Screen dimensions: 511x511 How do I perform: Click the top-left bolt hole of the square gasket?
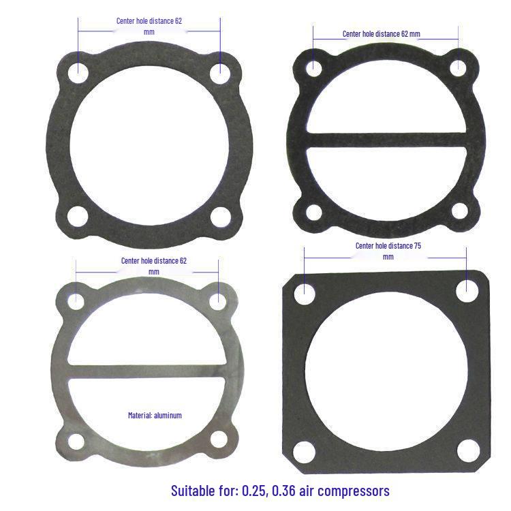pyautogui.click(x=305, y=294)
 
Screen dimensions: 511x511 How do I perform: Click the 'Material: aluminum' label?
pyautogui.click(x=155, y=415)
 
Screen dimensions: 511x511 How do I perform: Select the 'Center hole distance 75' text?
pyautogui.click(x=388, y=245)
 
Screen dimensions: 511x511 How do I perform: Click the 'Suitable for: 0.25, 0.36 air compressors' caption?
pyautogui.click(x=280, y=491)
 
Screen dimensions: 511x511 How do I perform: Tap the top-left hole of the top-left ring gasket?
pyautogui.click(x=78, y=71)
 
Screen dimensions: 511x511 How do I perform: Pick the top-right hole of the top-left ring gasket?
pyautogui.click(x=219, y=73)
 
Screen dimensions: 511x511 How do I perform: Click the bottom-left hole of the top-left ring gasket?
pyautogui.click(x=80, y=217)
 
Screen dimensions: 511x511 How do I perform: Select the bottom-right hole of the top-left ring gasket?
pyautogui.click(x=221, y=217)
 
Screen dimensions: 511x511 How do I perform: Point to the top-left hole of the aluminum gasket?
pyautogui.click(x=76, y=300)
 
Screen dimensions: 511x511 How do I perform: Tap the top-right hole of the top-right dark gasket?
pyautogui.click(x=458, y=67)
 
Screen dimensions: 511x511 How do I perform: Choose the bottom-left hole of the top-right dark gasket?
pyautogui.click(x=313, y=212)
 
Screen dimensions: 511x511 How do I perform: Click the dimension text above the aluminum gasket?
pyautogui.click(x=153, y=261)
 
